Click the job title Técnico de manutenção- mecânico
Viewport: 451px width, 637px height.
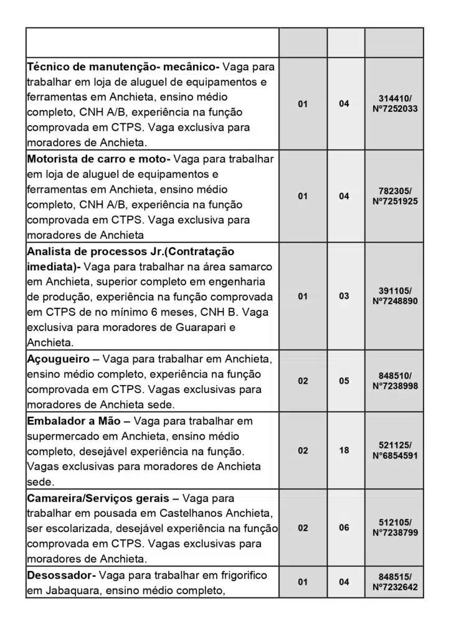[x=122, y=67]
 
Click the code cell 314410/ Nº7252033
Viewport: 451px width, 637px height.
[x=394, y=104]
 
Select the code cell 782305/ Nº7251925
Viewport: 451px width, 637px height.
[x=394, y=196]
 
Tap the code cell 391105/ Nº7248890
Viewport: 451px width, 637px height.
[x=394, y=296]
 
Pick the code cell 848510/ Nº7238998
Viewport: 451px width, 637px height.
[x=394, y=381]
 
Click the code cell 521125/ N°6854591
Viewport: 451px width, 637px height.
[x=394, y=450]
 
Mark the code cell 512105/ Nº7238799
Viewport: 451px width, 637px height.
[x=394, y=528]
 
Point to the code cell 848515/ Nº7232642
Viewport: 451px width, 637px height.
[x=394, y=582]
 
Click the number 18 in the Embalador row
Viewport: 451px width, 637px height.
[x=344, y=450]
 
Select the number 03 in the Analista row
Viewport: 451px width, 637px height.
[x=344, y=296]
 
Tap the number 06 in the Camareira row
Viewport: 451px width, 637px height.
[x=344, y=528]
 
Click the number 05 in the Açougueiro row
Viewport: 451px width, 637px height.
[x=344, y=381]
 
